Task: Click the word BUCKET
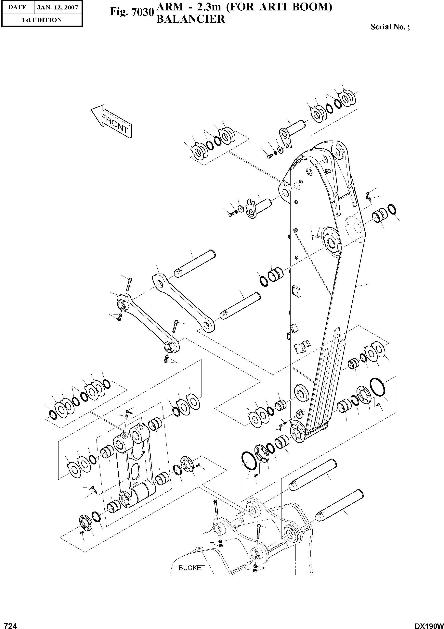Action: (x=191, y=568)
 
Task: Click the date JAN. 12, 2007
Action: (x=58, y=7)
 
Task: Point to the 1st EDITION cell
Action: (x=42, y=20)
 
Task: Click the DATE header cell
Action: (x=17, y=7)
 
